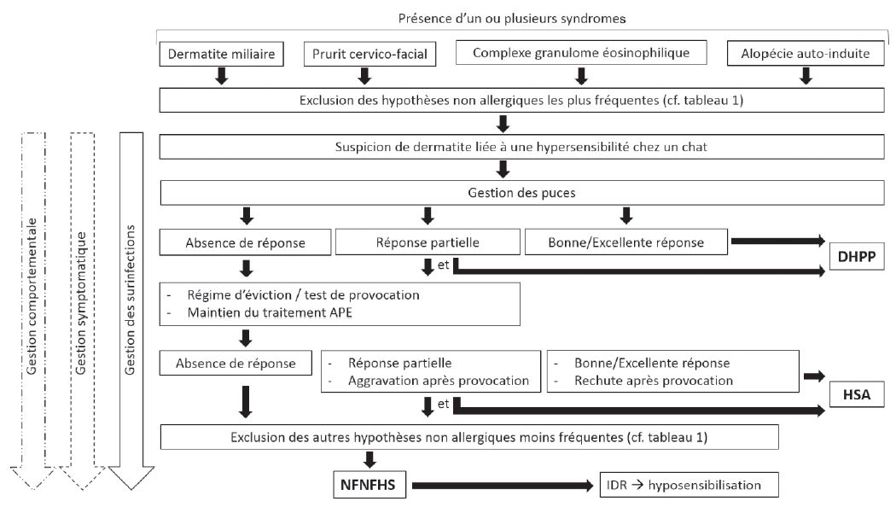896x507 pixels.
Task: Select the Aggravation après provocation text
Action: tap(439, 379)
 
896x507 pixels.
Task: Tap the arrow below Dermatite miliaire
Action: tap(220, 78)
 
